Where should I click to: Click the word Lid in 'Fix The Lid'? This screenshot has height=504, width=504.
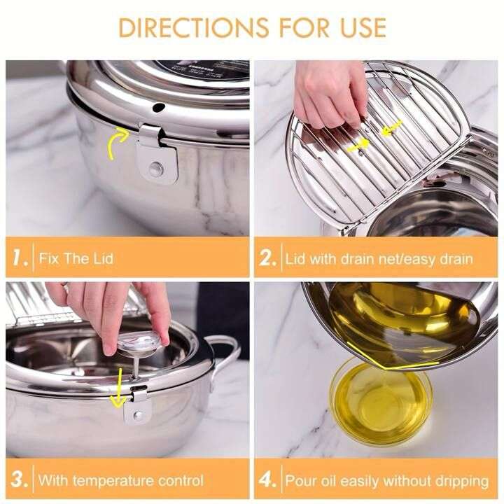101,258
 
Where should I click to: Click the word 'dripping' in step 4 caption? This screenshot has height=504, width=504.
461,481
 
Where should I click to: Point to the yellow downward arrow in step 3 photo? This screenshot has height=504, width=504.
118,389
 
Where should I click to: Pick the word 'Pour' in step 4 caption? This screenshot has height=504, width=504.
300,481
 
